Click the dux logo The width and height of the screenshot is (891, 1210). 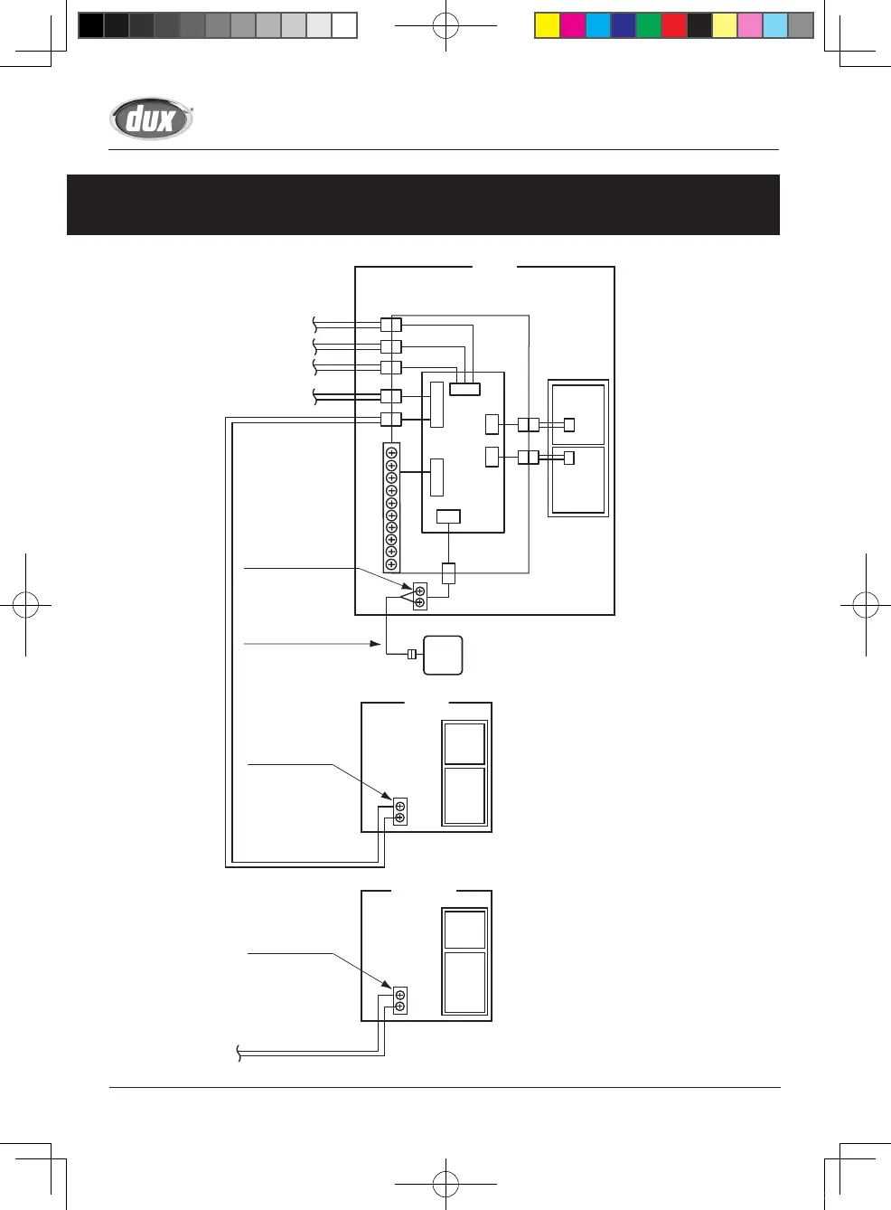151,118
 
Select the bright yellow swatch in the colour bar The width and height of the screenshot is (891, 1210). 548,25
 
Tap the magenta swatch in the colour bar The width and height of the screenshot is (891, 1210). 573,25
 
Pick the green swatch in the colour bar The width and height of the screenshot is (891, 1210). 649,25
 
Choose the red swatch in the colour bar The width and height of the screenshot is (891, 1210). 674,25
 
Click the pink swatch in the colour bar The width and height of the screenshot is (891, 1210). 750,25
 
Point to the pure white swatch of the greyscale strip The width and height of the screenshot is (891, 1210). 344,25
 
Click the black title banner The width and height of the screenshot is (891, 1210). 423,204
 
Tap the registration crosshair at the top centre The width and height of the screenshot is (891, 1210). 445,25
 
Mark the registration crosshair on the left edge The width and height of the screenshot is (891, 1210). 25,605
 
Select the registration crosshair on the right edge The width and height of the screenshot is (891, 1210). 866,605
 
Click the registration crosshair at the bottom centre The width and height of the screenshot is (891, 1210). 445,1184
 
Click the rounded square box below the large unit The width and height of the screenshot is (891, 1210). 443,656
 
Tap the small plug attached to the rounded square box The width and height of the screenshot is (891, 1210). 412,655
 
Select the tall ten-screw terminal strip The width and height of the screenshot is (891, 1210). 392,507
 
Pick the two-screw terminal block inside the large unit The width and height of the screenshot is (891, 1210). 420,596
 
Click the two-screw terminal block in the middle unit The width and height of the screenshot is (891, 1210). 400,811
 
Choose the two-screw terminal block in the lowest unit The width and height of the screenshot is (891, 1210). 400,1000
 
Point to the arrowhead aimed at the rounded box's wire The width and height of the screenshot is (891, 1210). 375,644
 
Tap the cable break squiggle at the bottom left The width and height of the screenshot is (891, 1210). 239,1054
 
